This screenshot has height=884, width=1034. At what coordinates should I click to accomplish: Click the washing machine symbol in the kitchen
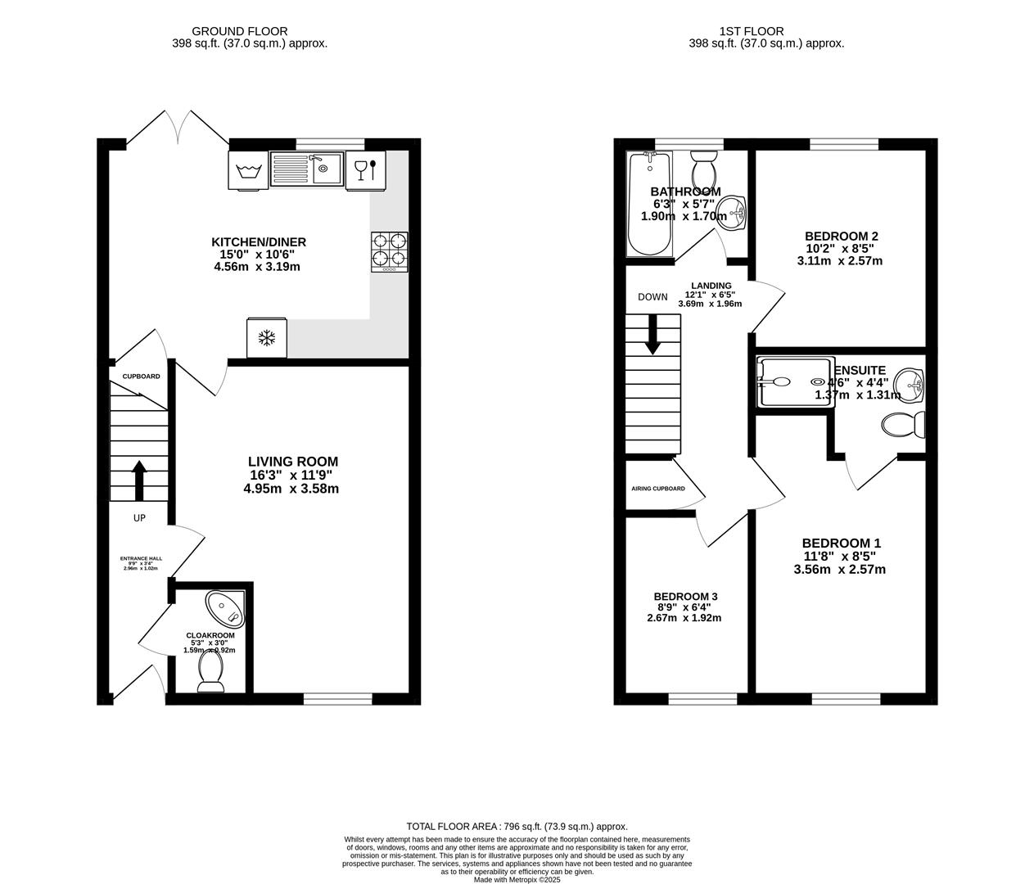tap(247, 171)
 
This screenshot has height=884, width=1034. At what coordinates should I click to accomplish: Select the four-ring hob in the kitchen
tap(390, 251)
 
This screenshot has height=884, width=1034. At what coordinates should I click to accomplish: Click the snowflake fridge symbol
tap(267, 338)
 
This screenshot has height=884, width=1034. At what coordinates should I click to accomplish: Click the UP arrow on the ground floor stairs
tap(138, 480)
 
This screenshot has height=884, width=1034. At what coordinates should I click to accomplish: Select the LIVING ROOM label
tap(293, 462)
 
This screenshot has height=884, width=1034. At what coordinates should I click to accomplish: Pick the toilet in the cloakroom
tap(211, 674)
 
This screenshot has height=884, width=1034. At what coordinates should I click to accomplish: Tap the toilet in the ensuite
tap(905, 425)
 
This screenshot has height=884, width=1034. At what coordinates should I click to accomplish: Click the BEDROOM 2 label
tap(841, 236)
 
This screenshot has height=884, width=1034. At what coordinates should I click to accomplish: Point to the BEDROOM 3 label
tap(685, 596)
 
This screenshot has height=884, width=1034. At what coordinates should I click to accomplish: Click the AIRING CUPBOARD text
tap(658, 489)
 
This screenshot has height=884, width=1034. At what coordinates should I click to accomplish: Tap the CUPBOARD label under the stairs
tap(141, 377)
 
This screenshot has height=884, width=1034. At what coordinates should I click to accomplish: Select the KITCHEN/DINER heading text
tap(259, 241)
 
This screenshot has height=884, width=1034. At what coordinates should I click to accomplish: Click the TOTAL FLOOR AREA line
tap(517, 827)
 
